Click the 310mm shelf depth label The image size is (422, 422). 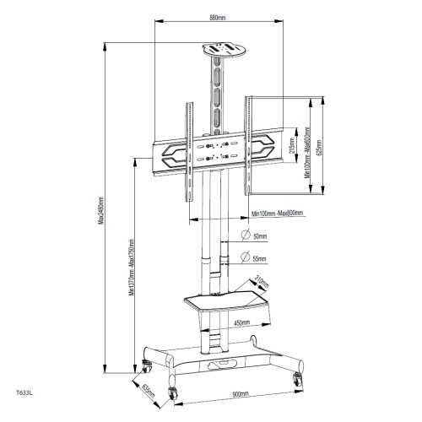[x=260, y=283]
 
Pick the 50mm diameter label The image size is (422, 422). [x=259, y=237]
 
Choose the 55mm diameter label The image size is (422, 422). [x=259, y=258]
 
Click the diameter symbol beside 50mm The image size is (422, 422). [x=244, y=236]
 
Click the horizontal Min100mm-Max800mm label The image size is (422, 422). [x=278, y=214]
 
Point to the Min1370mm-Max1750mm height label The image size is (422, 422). [x=131, y=263]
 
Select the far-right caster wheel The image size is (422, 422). [x=297, y=379]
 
